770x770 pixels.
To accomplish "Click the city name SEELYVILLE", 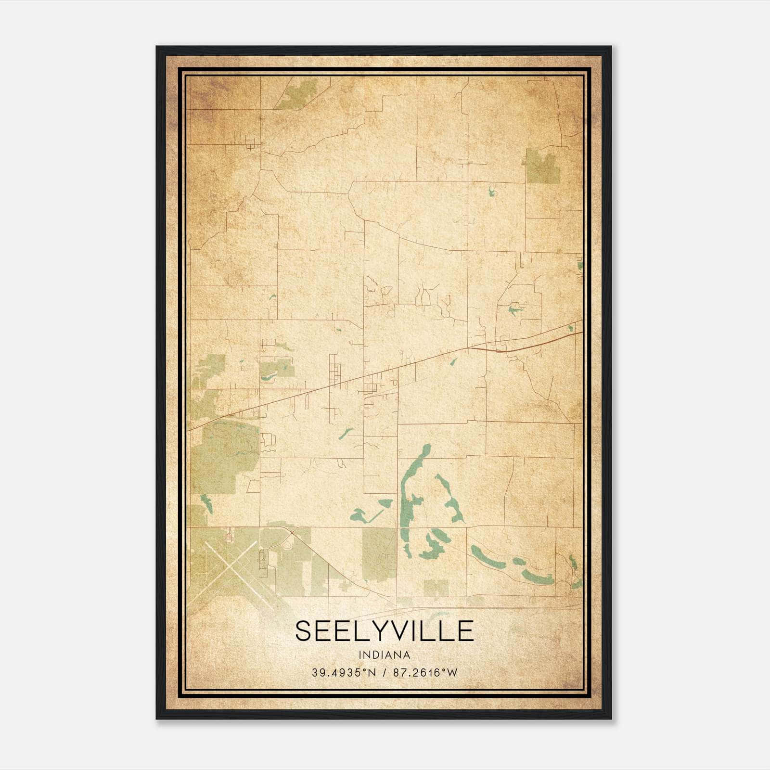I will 384,630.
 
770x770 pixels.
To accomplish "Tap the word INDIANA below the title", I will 384,655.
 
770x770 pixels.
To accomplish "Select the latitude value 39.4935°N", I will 343,673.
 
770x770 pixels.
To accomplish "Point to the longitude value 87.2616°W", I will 425,673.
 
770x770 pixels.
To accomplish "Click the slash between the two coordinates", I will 384,673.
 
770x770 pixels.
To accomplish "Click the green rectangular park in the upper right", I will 542,166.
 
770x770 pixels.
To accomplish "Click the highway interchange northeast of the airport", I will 292,532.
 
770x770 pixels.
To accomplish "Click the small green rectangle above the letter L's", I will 436,587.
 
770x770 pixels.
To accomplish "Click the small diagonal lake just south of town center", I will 346,434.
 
